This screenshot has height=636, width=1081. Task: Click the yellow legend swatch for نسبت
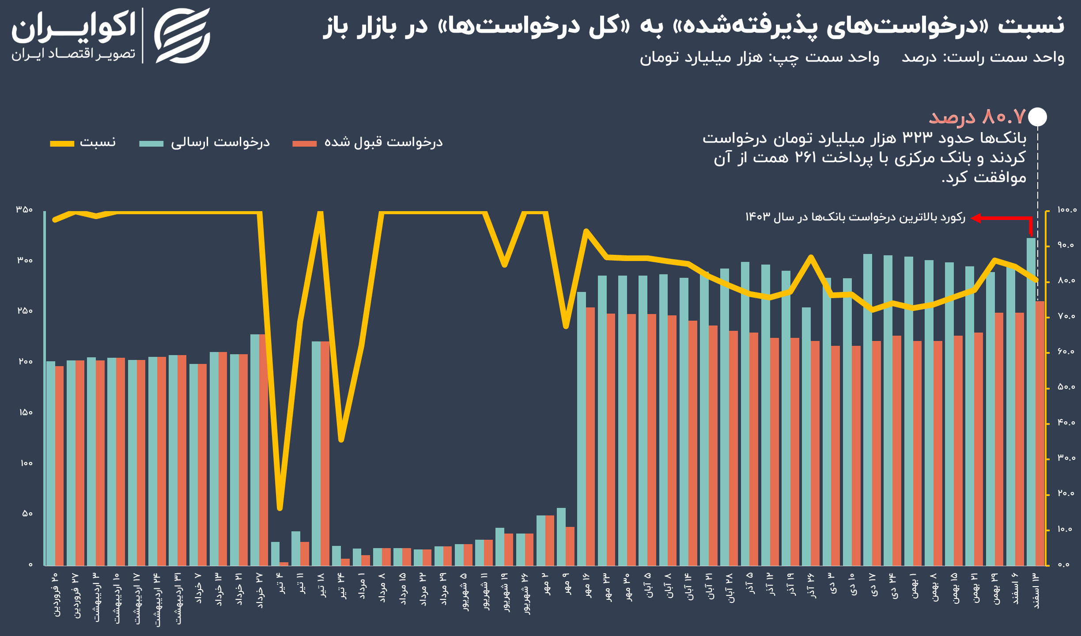click(x=62, y=144)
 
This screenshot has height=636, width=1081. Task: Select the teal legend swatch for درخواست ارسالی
click(x=151, y=144)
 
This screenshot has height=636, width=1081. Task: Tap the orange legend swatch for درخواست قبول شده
click(x=304, y=144)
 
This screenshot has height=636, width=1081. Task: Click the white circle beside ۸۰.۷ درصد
click(x=1037, y=117)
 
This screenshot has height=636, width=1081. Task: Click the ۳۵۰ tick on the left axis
click(x=24, y=209)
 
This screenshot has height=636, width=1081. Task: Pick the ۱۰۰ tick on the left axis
click(x=26, y=463)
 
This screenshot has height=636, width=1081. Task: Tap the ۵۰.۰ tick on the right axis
click(x=1066, y=387)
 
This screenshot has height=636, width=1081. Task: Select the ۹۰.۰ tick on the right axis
click(x=1066, y=245)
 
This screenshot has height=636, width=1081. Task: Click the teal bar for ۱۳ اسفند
click(x=1031, y=397)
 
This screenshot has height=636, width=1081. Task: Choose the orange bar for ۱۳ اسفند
click(x=1040, y=433)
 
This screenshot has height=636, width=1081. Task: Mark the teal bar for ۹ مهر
click(x=561, y=537)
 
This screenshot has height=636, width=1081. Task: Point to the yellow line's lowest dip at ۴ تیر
click(x=280, y=508)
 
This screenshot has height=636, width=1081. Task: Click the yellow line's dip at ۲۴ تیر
click(x=341, y=439)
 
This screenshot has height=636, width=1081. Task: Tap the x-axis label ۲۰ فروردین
click(x=55, y=594)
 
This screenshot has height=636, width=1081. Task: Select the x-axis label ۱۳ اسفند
click(x=1036, y=591)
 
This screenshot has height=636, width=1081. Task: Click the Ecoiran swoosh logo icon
click(x=182, y=35)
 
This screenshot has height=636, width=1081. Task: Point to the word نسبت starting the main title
click(x=1031, y=26)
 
